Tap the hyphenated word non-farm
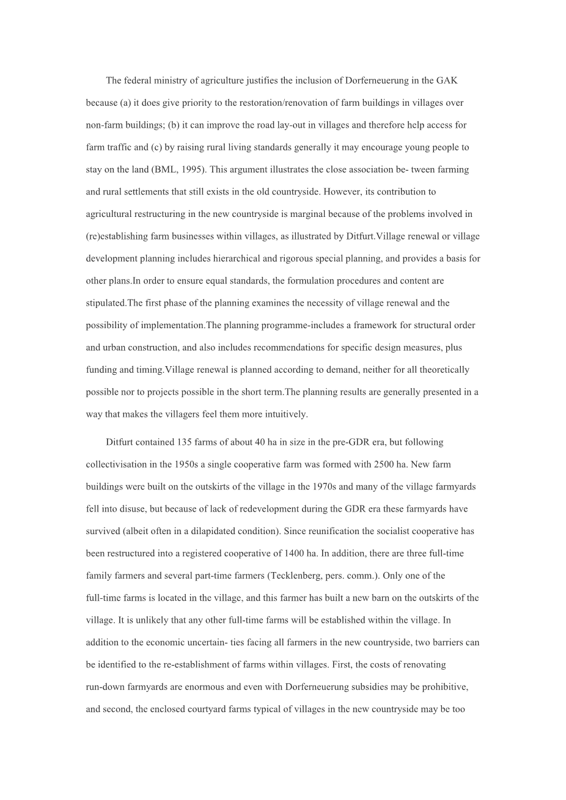point(105,125)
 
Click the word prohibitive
point(444,687)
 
